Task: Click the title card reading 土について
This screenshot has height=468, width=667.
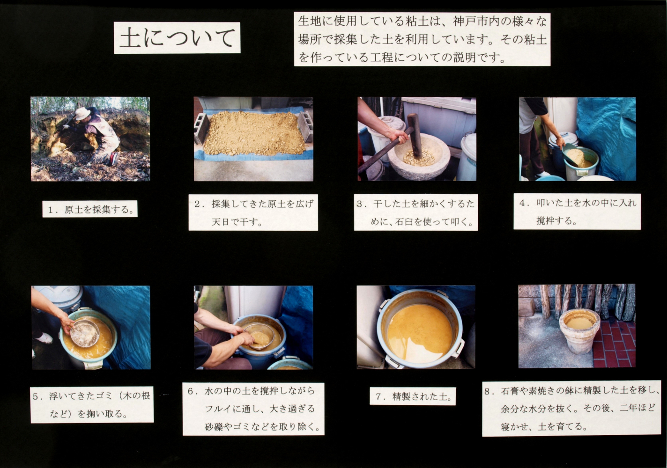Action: (177, 38)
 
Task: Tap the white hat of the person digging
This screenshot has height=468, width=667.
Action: (82, 113)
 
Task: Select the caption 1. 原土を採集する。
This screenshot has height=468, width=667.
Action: (90, 209)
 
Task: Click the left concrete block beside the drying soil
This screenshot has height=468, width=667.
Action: (201, 129)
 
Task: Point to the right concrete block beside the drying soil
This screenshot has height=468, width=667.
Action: (305, 127)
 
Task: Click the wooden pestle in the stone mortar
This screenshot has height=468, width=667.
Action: (415, 135)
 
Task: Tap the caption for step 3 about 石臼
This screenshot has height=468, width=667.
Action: (416, 212)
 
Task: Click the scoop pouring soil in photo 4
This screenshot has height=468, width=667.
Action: (572, 154)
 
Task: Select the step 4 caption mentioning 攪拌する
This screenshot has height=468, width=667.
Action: (577, 212)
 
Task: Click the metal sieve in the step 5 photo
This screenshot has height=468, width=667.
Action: (85, 333)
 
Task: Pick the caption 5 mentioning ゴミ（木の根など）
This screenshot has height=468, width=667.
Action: (92, 405)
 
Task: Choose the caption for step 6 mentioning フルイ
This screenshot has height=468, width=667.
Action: (253, 409)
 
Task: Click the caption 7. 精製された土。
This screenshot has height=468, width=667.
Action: (413, 396)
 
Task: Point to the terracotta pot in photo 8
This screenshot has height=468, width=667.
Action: (579, 331)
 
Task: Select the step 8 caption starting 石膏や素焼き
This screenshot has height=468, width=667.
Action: (571, 409)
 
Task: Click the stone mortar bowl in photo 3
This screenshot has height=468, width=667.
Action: (419, 157)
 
